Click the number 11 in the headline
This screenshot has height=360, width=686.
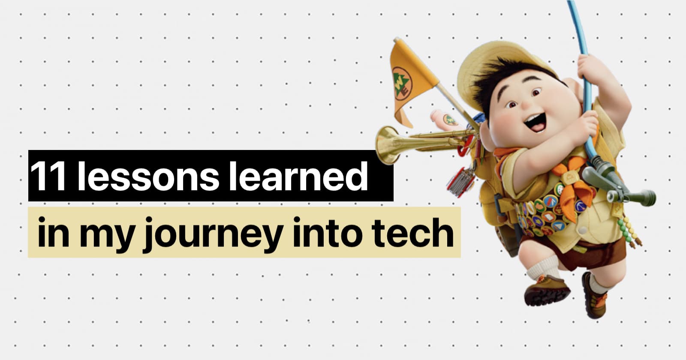point(48,176)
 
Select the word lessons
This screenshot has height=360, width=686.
point(148,176)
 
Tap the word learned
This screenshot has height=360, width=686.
point(303,176)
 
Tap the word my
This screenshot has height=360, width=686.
point(107,236)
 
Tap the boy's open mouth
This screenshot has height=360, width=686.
point(536,122)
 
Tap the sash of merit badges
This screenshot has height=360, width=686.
point(548,211)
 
